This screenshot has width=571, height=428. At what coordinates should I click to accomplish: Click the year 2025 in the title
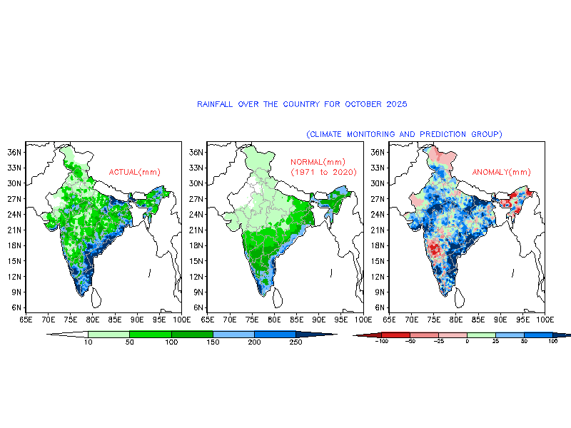point(396,104)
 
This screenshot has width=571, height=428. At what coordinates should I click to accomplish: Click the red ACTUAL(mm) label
point(134,172)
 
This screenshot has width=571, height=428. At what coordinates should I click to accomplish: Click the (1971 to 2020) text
point(323,173)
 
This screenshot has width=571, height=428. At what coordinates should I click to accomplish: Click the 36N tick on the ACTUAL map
point(14,152)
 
